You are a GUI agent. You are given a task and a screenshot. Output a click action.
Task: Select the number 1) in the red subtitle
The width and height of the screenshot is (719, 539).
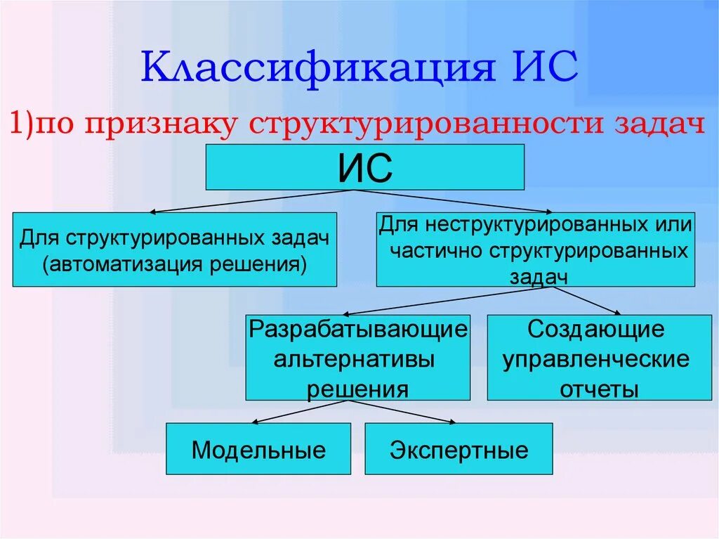(21, 124)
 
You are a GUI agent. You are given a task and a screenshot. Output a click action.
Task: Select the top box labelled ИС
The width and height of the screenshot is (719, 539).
(364, 167)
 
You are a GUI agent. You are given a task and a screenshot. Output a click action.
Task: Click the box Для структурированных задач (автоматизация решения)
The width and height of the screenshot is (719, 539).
(174, 249)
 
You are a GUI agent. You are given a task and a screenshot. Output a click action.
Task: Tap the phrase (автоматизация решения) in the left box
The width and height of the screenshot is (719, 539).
(174, 265)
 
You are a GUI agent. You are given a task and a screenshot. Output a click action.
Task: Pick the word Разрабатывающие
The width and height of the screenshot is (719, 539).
(358, 329)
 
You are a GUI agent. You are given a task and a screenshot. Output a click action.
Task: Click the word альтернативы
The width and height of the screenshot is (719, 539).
(354, 359)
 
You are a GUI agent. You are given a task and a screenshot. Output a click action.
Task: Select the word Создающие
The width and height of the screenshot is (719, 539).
(596, 329)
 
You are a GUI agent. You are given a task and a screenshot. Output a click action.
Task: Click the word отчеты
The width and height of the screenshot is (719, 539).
(598, 389)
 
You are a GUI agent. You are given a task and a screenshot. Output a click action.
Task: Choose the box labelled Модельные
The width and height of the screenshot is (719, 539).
(258, 450)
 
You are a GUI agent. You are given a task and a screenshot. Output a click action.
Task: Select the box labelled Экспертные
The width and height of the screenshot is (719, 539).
(459, 450)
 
